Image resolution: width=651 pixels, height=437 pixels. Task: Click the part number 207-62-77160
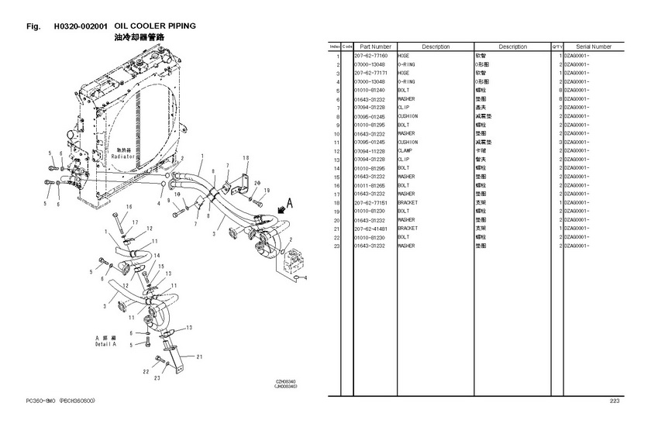tap(370, 57)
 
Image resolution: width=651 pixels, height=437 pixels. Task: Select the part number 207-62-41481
tap(370, 229)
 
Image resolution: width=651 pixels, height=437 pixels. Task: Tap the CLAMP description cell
tap(408, 151)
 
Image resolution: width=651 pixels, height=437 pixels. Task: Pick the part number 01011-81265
tap(370, 185)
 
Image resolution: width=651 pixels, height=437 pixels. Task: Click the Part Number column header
tap(375, 46)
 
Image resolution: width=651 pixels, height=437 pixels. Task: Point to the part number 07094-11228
tap(370, 151)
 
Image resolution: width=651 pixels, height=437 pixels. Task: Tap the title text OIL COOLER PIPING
tap(155, 26)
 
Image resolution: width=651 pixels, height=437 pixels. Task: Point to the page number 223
tap(615, 401)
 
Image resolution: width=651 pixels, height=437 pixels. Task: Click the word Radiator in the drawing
tap(123, 157)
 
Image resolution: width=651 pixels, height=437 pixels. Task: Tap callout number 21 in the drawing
tap(200, 356)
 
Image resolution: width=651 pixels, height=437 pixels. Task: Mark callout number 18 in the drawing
tap(246, 158)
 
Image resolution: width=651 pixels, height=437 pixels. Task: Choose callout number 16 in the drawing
tap(129, 206)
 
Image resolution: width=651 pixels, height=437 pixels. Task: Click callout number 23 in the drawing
tap(157, 379)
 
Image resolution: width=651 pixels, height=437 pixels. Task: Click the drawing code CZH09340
tap(286, 381)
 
